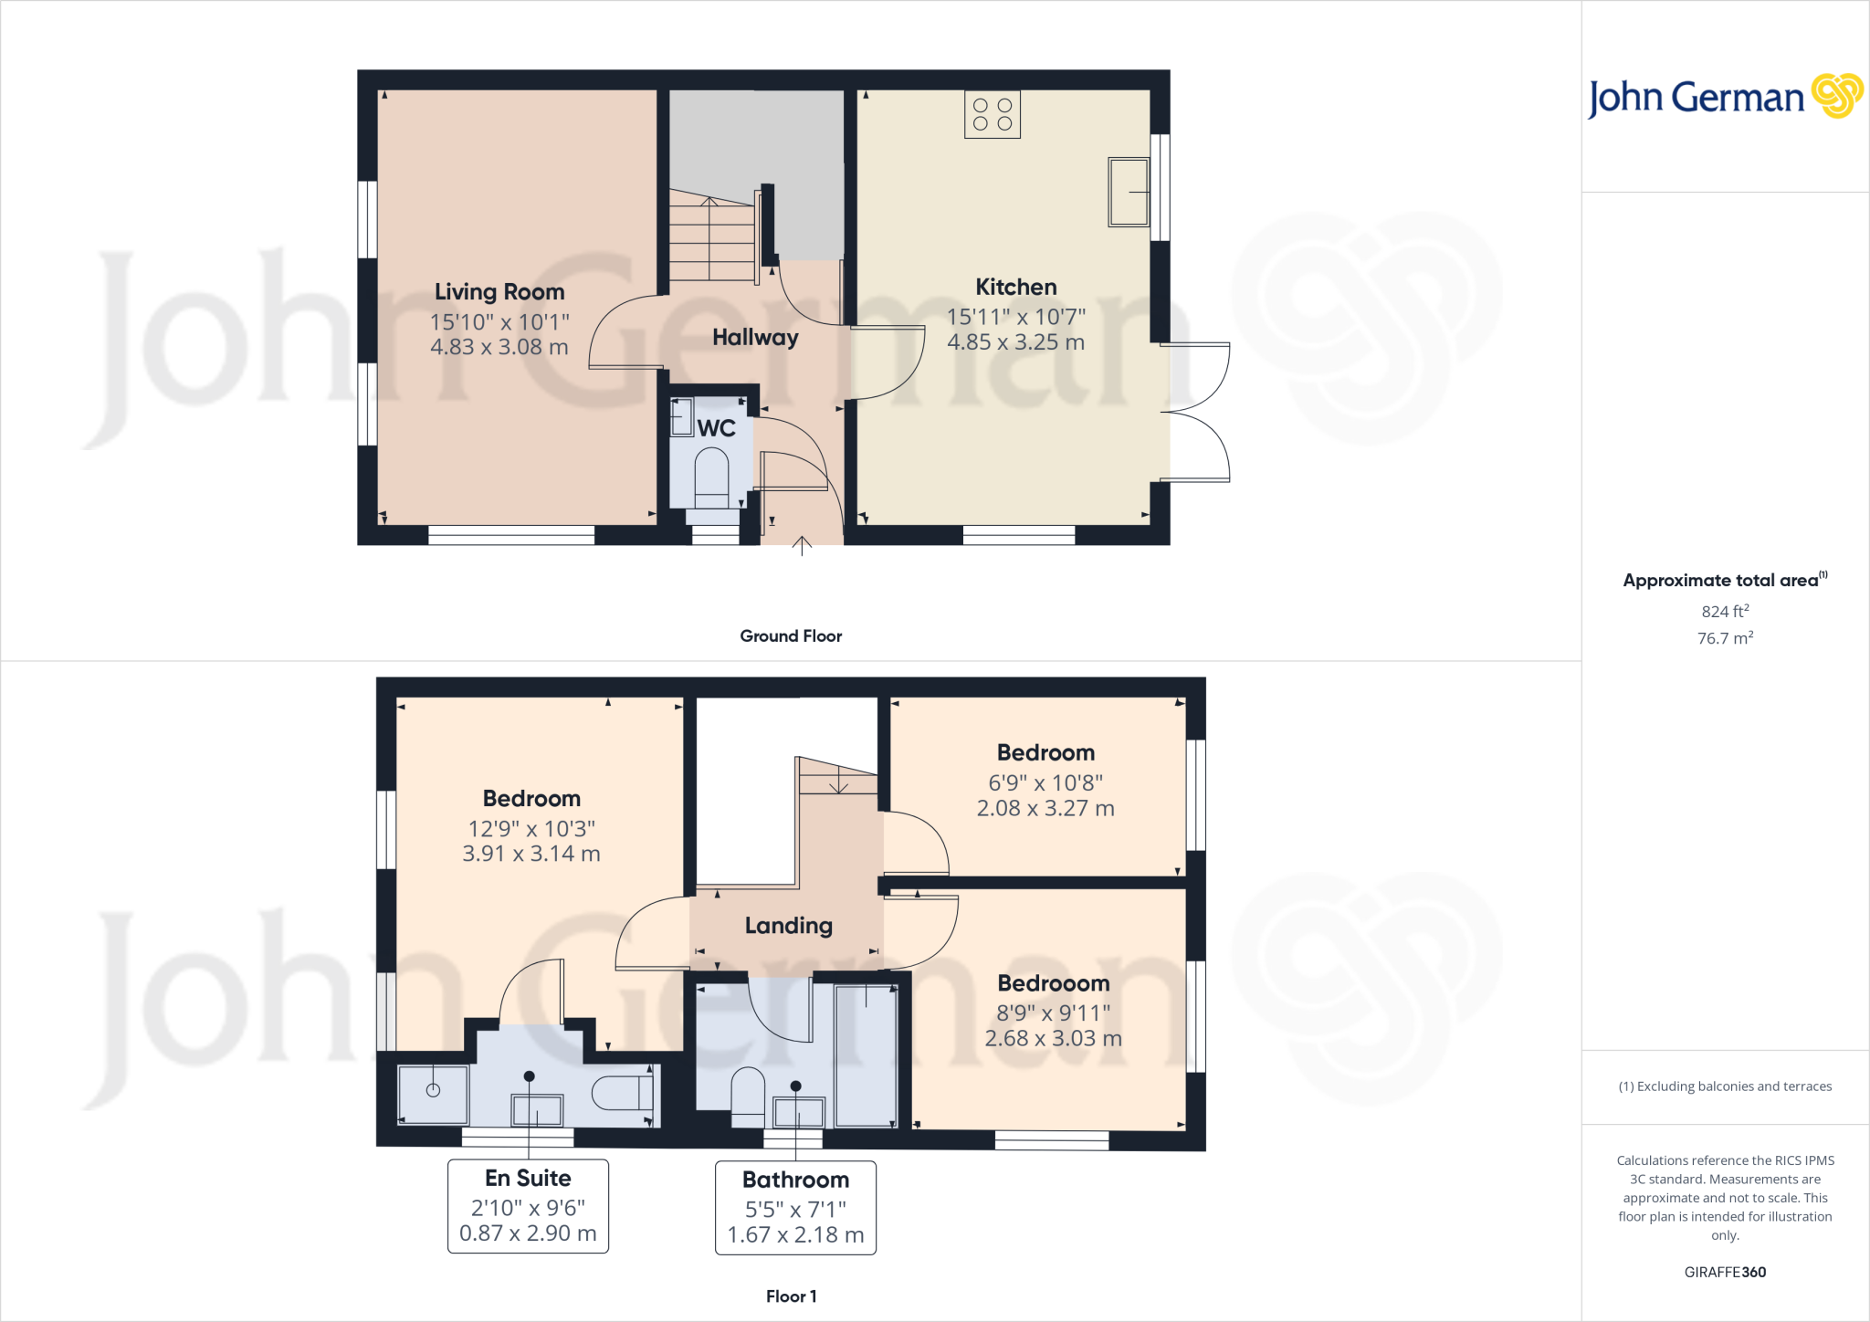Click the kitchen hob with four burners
(992, 115)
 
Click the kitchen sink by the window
(1128, 192)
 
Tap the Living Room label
(499, 292)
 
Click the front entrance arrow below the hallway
(802, 546)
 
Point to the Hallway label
(755, 338)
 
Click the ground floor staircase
(711, 239)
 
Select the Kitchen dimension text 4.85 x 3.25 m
(1015, 342)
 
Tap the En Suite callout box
(528, 1206)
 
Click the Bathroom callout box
(795, 1208)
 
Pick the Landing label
(788, 926)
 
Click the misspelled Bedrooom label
(1053, 983)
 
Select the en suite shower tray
(433, 1093)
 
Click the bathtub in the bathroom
(866, 1055)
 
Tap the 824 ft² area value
(1724, 612)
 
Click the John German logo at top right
(1724, 98)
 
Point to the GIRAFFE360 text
(1724, 1272)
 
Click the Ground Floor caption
(791, 636)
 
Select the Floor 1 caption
(791, 1296)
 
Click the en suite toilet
(623, 1093)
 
